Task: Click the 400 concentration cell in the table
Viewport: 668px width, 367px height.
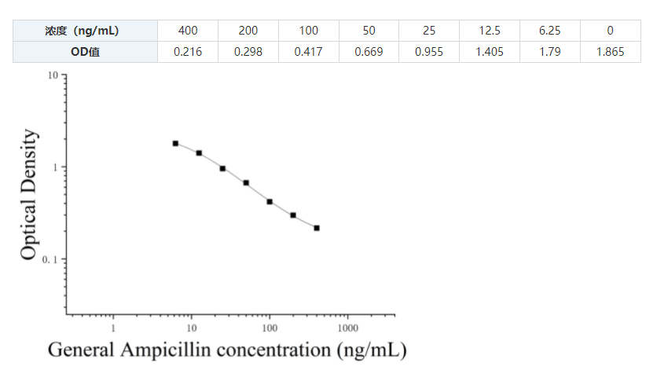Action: click(188, 31)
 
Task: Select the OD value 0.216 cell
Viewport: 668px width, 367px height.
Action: click(188, 52)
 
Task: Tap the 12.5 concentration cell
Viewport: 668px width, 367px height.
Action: click(490, 31)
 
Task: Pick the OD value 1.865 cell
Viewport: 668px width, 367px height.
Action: click(610, 52)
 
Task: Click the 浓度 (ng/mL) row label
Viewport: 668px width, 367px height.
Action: click(85, 31)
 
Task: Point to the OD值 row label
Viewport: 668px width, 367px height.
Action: click(85, 52)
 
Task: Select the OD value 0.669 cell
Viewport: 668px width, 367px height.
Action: click(369, 52)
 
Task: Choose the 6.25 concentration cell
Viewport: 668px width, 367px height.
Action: click(549, 31)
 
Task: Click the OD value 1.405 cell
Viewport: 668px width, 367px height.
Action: click(490, 52)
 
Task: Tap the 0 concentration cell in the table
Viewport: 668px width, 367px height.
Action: click(610, 31)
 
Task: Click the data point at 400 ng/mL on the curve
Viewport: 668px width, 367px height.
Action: click(317, 228)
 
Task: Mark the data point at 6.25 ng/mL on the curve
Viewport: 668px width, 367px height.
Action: click(175, 143)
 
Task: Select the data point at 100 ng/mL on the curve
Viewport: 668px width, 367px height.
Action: click(270, 202)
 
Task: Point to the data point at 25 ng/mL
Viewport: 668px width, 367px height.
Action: click(222, 168)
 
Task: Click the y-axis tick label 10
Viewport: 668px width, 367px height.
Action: click(53, 75)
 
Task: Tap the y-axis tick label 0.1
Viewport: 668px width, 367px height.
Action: click(51, 259)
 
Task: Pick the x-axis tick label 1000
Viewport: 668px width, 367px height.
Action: click(348, 327)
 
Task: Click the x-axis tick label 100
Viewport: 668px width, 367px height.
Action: click(270, 327)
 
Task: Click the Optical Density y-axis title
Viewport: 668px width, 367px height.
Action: click(29, 194)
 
